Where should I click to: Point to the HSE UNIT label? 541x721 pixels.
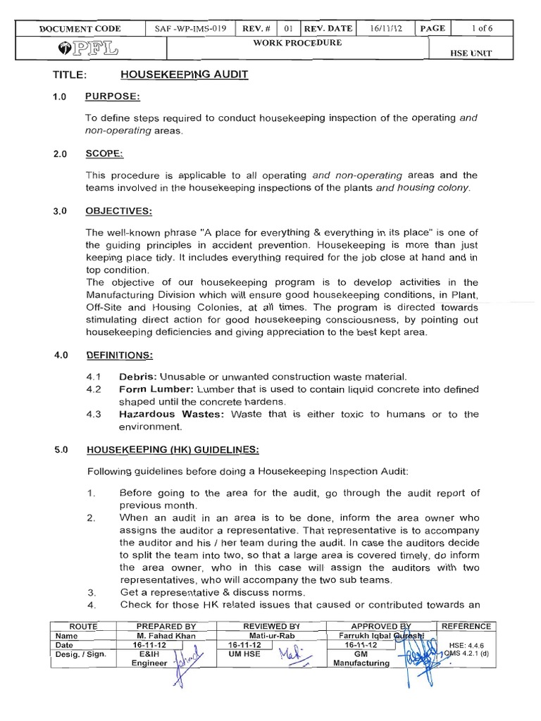point(490,53)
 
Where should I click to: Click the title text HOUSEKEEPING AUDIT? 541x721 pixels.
point(184,74)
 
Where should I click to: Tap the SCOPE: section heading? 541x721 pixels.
point(104,153)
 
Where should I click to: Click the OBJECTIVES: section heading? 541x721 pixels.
point(119,211)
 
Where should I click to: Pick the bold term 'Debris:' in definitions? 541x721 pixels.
point(136,377)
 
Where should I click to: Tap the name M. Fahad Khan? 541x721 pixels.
point(166,635)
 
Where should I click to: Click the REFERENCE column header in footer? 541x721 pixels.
point(466,626)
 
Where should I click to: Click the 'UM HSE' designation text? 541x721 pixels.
point(242,654)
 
